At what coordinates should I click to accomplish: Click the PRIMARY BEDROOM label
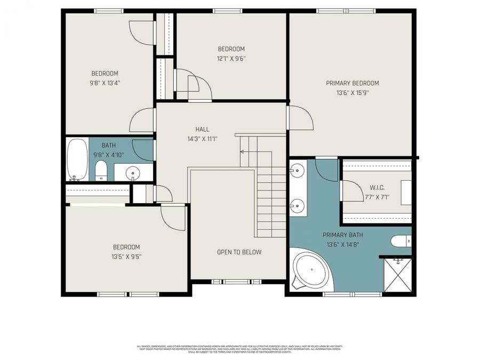[352, 83]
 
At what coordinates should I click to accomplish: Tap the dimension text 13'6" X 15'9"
[352, 93]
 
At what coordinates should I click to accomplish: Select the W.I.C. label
[377, 188]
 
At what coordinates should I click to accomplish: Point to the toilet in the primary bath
[401, 241]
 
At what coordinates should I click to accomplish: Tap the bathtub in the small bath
[77, 159]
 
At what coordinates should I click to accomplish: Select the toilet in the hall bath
[101, 171]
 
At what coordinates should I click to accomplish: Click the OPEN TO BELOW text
[239, 252]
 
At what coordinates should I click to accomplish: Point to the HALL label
[202, 129]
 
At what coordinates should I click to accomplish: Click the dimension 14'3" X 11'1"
[202, 139]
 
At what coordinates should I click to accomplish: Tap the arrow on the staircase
[243, 152]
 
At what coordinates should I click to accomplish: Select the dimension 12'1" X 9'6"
[231, 59]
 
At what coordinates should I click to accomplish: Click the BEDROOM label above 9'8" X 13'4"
[105, 74]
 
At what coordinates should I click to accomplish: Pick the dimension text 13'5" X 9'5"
[126, 257]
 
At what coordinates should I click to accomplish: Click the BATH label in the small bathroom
[109, 145]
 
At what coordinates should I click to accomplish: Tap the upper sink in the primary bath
[297, 171]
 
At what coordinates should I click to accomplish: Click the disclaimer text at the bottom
[239, 349]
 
